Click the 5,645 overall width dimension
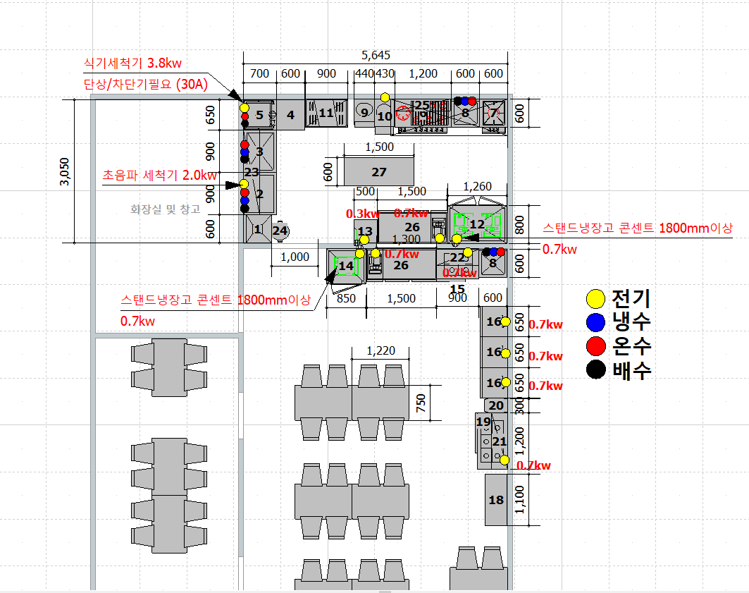point(376,56)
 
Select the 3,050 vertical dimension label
point(64,171)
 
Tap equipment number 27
point(379,172)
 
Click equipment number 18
point(496,500)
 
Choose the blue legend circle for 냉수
point(596,323)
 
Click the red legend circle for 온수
point(596,346)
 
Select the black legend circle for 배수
point(596,369)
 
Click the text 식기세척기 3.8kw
point(133,64)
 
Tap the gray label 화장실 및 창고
point(166,209)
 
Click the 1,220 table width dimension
point(381,351)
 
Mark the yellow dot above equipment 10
point(385,97)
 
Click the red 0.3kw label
point(363,213)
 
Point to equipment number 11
point(326,113)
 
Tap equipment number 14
point(346,266)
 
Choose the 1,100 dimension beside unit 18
point(520,500)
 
